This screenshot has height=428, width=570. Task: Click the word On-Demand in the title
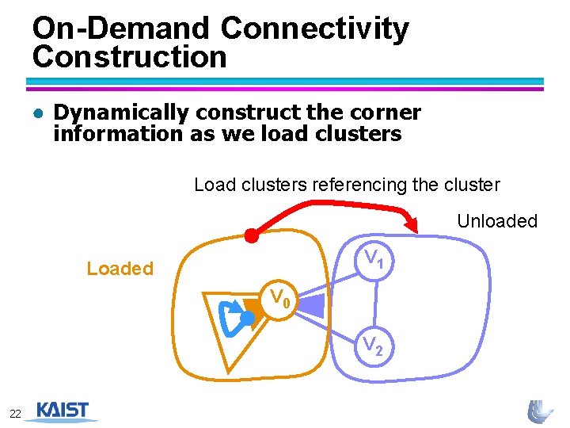[121, 29]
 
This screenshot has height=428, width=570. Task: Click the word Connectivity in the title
[315, 29]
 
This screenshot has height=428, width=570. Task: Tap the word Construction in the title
[130, 57]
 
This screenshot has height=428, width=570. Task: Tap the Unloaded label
[497, 221]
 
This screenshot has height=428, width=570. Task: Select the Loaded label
[120, 269]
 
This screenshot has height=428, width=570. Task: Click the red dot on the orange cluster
[251, 235]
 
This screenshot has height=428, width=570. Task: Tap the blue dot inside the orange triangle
[247, 318]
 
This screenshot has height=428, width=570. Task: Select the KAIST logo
[63, 411]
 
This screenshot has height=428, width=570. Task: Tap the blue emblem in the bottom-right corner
[541, 411]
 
